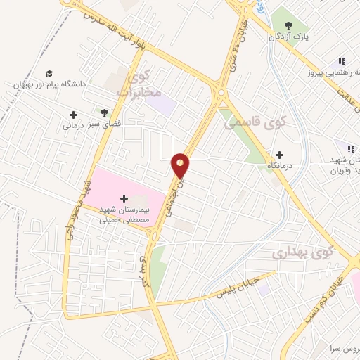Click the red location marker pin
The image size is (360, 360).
point(181,166)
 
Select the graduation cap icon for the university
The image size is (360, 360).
point(49,73)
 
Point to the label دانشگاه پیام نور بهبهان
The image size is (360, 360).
point(49,84)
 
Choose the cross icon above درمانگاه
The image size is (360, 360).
point(279,155)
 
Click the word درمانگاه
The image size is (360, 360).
point(280,166)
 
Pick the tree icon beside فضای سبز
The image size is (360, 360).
point(104,112)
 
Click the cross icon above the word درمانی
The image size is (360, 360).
point(73,115)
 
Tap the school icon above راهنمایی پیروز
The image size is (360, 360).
point(342,62)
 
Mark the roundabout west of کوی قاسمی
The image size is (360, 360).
point(221,92)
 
